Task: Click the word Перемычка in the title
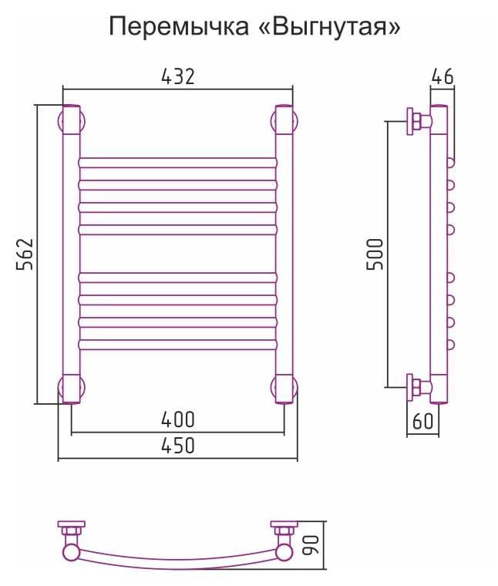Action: click(179, 27)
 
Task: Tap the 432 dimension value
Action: click(178, 76)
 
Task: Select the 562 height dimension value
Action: click(25, 254)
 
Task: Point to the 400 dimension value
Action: click(178, 419)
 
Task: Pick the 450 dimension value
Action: click(178, 446)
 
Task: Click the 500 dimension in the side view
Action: click(375, 254)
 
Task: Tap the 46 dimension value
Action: click(442, 76)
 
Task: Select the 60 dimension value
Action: click(423, 421)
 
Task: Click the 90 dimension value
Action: click(311, 545)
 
